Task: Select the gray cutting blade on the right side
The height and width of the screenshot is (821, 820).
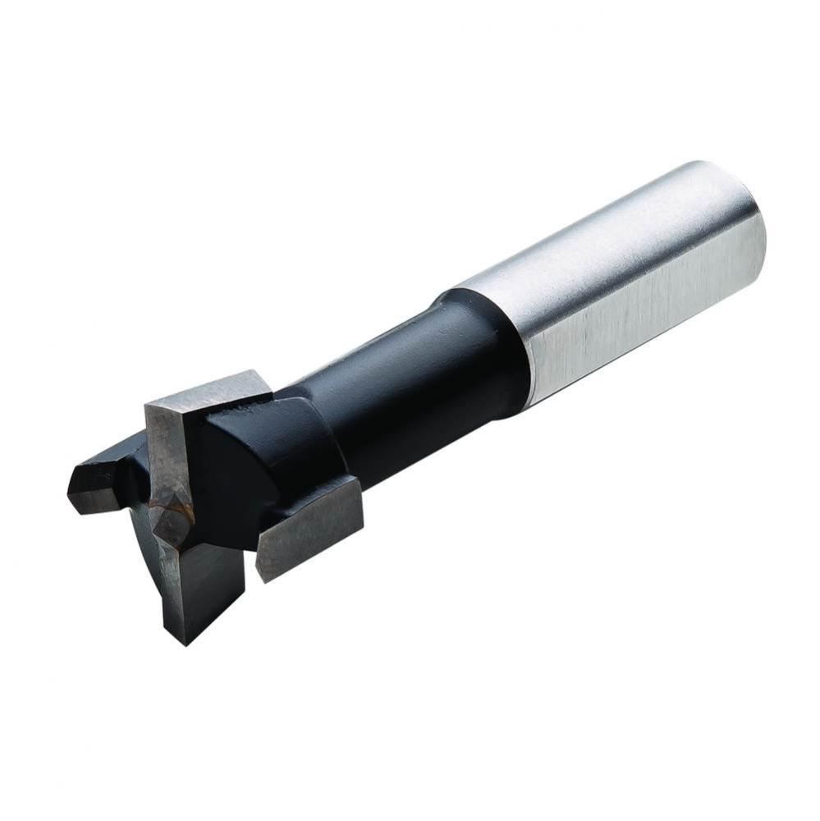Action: pyautogui.click(x=308, y=525)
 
